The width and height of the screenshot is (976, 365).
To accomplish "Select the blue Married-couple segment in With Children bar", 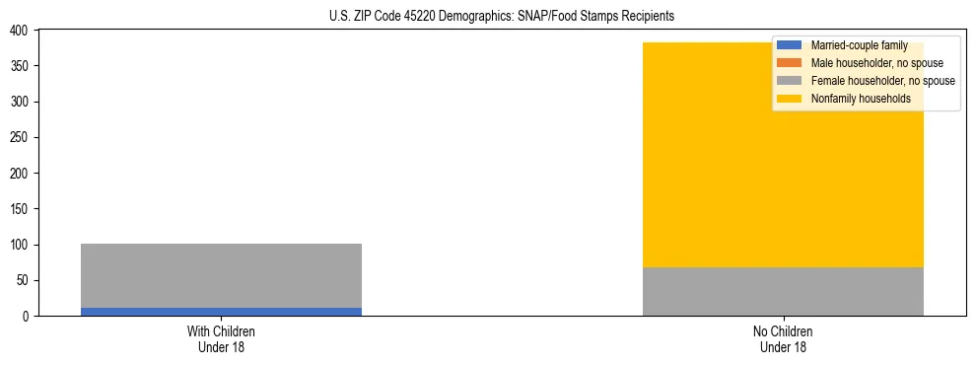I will click(x=221, y=312).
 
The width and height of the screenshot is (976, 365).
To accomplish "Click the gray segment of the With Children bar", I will click(x=221, y=275).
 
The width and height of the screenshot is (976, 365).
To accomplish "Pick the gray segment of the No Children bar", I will click(x=783, y=292).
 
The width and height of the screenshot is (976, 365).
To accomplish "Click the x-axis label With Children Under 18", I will click(x=221, y=339).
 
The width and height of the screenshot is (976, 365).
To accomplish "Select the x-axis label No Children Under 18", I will click(x=783, y=339).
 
